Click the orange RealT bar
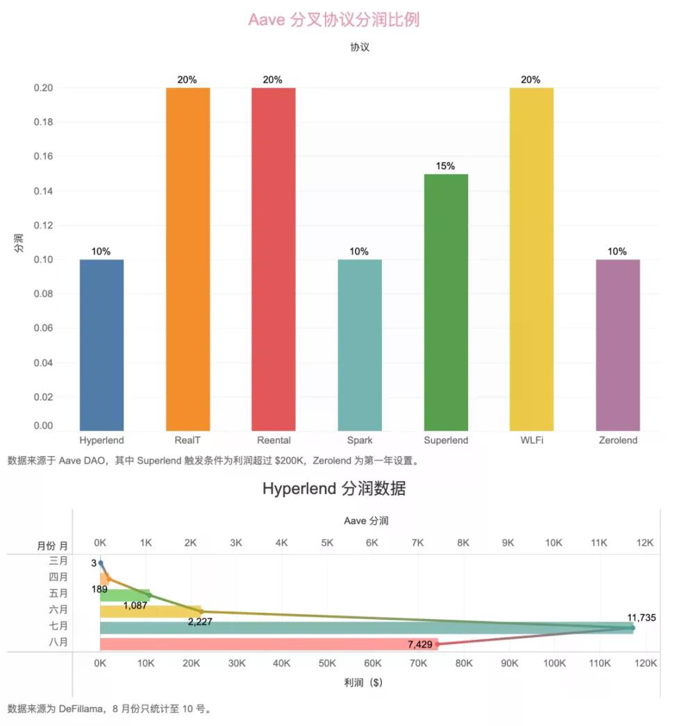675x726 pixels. [187, 258]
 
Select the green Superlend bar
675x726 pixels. [446, 302]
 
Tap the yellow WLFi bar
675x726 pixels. [531, 258]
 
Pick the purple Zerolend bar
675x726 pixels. [617, 344]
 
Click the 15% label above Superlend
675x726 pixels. [446, 166]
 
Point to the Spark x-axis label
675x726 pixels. [360, 440]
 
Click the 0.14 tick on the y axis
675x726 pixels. [43, 191]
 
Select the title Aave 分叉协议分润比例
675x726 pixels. [333, 19]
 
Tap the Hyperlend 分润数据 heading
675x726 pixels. [334, 489]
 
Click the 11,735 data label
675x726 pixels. [641, 617]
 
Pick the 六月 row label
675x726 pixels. [59, 609]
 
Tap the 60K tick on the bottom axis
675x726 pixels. [373, 664]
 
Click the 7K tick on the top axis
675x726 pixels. [417, 543]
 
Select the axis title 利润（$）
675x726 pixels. [362, 682]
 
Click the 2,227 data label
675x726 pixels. [200, 621]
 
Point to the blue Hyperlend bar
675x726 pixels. [101, 344]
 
